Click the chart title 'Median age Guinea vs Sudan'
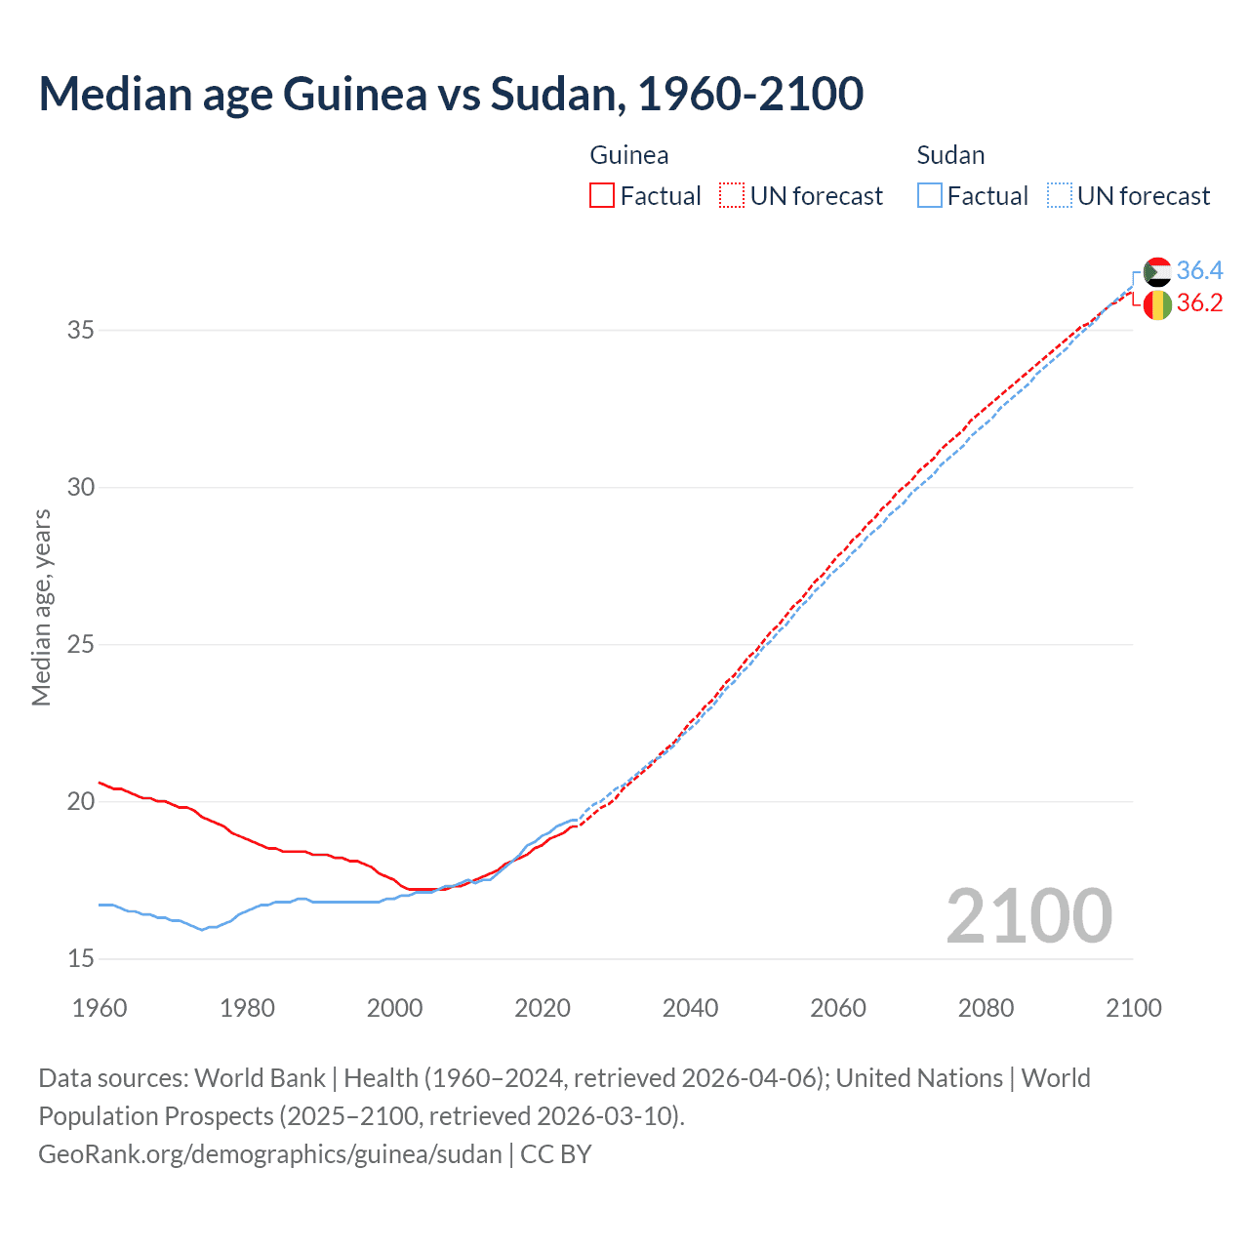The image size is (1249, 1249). click(x=451, y=94)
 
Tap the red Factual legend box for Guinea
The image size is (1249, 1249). click(x=602, y=195)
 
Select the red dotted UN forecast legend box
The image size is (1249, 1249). click(x=732, y=195)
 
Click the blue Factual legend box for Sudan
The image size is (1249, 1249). click(x=930, y=195)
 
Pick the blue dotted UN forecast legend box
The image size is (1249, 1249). click(x=1060, y=195)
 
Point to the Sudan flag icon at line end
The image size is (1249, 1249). click(x=1157, y=271)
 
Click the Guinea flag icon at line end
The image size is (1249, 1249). click(x=1157, y=304)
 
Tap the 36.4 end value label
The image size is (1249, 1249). click(x=1199, y=270)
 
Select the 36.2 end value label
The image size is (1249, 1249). click(x=1199, y=303)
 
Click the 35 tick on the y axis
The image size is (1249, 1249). click(x=81, y=330)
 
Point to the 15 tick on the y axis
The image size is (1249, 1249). click(x=81, y=959)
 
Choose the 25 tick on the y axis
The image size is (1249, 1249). click(x=81, y=645)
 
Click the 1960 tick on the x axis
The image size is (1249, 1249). click(x=100, y=1008)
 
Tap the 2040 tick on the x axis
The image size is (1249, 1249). click(x=690, y=1008)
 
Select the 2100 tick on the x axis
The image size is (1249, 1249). click(x=1133, y=1008)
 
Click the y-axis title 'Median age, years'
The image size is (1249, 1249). click(x=41, y=607)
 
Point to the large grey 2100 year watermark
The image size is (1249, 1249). click(x=1028, y=915)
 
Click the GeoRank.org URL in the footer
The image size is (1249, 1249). click(x=270, y=1154)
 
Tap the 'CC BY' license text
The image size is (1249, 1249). click(x=556, y=1154)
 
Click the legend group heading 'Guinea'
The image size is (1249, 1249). click(x=629, y=155)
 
